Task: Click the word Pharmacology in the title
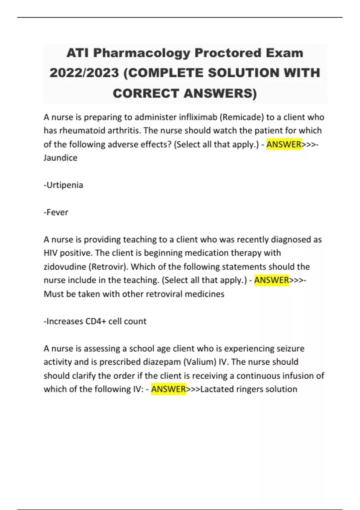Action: click(x=142, y=53)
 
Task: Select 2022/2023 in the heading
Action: click(x=84, y=73)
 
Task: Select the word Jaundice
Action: click(x=61, y=158)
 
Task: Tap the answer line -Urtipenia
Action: click(x=63, y=185)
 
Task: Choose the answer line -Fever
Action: click(x=56, y=212)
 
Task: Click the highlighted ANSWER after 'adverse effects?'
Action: click(x=284, y=144)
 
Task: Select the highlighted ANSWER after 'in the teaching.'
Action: click(x=271, y=280)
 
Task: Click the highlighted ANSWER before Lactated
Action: click(x=169, y=389)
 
